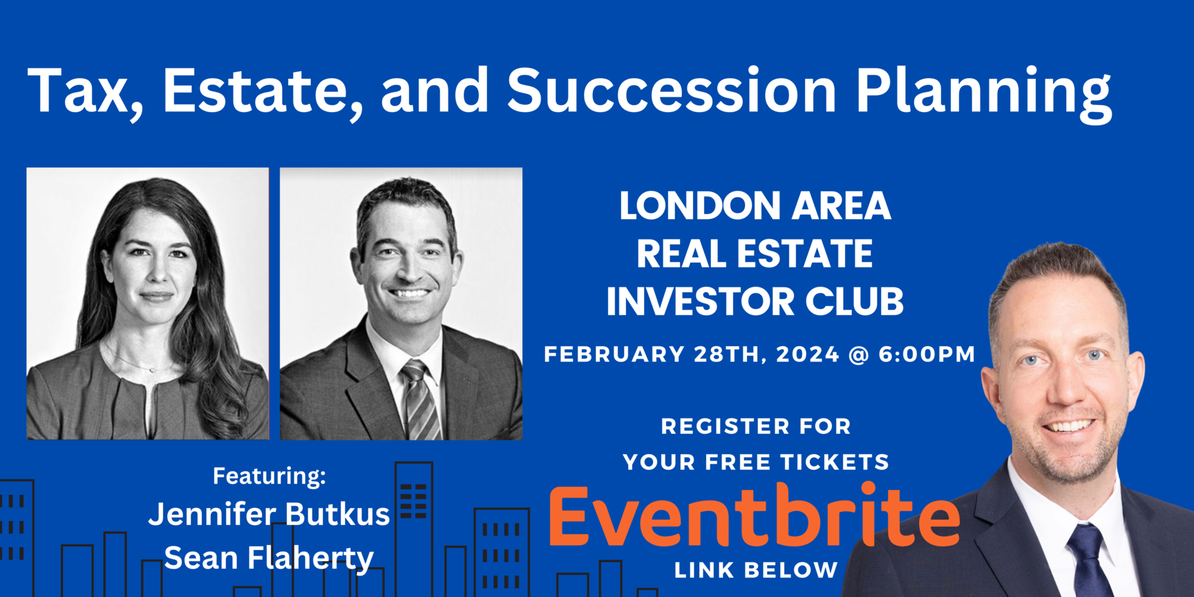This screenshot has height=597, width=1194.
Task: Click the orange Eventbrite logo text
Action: (x=755, y=516)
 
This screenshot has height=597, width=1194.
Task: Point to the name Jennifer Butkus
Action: (x=269, y=515)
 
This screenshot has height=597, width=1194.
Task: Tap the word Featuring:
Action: (x=269, y=476)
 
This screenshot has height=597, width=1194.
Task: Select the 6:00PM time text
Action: (x=927, y=354)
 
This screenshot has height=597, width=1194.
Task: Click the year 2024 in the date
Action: (x=808, y=354)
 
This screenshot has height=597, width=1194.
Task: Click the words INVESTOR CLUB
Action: (x=755, y=301)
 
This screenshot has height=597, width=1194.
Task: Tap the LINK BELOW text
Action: (x=756, y=571)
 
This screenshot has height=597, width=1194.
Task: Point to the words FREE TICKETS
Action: (x=797, y=462)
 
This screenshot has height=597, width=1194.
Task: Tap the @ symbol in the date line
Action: (x=859, y=355)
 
